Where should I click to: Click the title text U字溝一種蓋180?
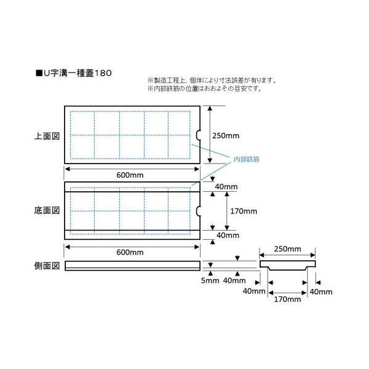[x=78, y=72]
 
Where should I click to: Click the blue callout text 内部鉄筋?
[x=245, y=159]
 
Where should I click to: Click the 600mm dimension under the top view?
[x=130, y=175]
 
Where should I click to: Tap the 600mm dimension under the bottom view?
[x=130, y=252]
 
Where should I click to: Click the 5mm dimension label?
[x=210, y=282]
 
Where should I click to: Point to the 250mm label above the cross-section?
[x=287, y=249]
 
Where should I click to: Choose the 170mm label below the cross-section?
[x=287, y=300]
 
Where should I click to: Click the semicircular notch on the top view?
[x=199, y=135]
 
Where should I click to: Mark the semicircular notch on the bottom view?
[x=199, y=211]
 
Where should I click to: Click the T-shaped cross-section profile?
[x=287, y=265]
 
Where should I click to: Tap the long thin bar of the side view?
[x=132, y=266]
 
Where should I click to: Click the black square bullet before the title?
[x=39, y=72]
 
